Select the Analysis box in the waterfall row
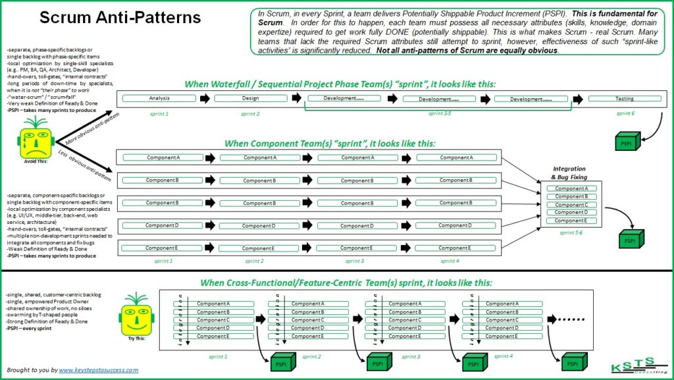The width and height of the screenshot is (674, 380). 160,99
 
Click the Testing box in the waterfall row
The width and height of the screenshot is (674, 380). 625,99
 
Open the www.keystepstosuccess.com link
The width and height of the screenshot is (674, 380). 99,370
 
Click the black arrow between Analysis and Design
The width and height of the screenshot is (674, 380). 207,99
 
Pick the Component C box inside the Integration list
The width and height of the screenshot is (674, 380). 571,204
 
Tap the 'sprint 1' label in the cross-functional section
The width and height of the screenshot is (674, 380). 218,356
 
